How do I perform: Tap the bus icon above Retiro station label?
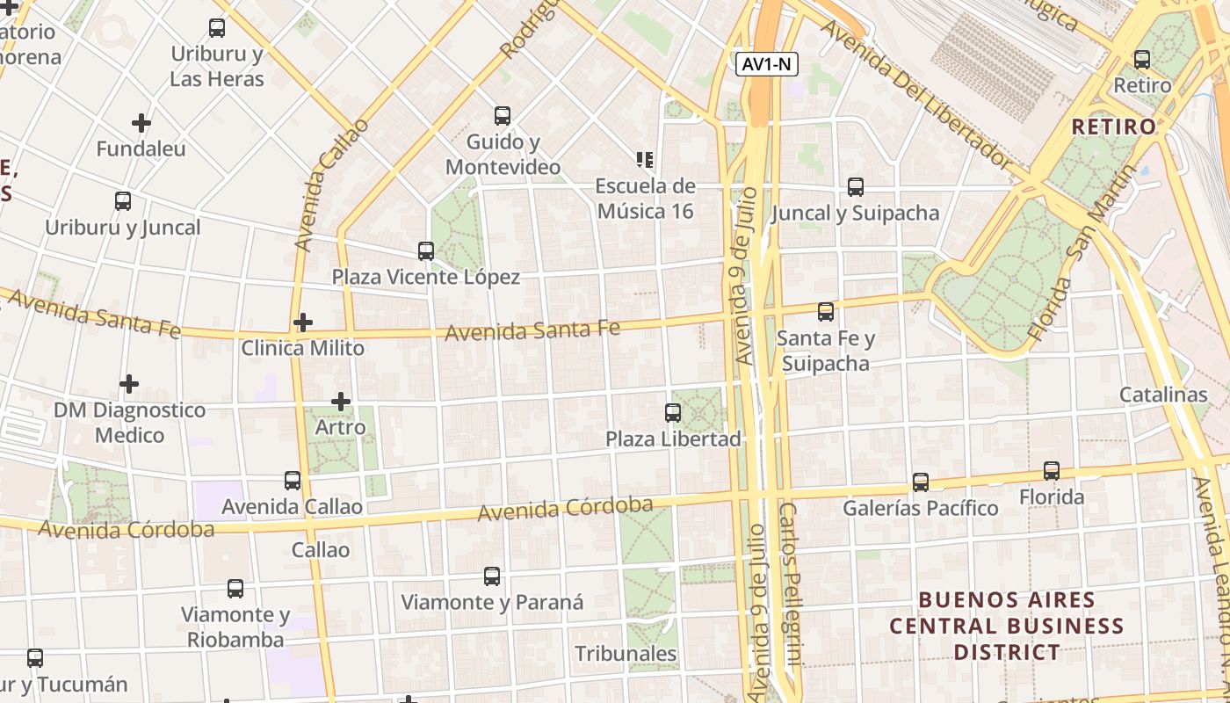1142,60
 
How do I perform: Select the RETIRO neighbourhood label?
1114,127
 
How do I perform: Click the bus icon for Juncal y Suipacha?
856,186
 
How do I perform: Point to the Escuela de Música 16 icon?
645,160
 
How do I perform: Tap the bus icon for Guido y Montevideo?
503,115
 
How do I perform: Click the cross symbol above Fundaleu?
141,123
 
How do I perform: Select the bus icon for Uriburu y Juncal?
123,201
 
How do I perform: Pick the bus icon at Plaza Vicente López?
426,251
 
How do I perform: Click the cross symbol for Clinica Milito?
303,323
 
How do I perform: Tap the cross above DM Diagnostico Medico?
129,384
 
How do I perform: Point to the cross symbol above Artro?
341,402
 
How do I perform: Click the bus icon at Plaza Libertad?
673,412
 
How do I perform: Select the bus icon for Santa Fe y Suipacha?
826,312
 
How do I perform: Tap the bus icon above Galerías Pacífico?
921,482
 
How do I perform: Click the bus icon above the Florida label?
1052,471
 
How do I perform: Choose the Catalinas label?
1163,395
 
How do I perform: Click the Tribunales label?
626,654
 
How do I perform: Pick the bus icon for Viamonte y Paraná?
492,576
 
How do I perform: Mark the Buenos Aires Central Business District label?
1007,627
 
